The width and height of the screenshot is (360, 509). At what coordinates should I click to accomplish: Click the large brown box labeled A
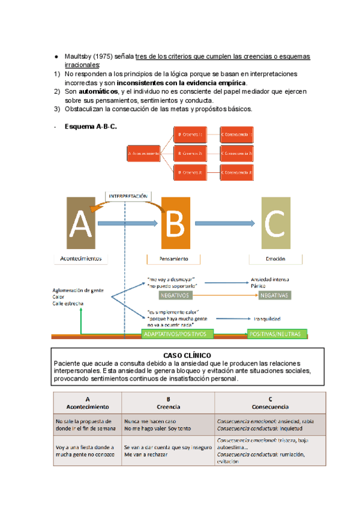pyautogui.click(x=80, y=224)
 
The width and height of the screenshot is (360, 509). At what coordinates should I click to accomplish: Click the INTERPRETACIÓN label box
pyautogui.click(x=128, y=196)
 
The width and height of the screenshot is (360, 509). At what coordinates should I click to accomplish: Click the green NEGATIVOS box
pyautogui.click(x=175, y=295)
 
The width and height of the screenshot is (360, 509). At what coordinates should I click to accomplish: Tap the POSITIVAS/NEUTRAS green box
pyautogui.click(x=277, y=334)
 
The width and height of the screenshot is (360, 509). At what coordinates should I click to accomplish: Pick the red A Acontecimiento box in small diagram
pyautogui.click(x=144, y=153)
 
